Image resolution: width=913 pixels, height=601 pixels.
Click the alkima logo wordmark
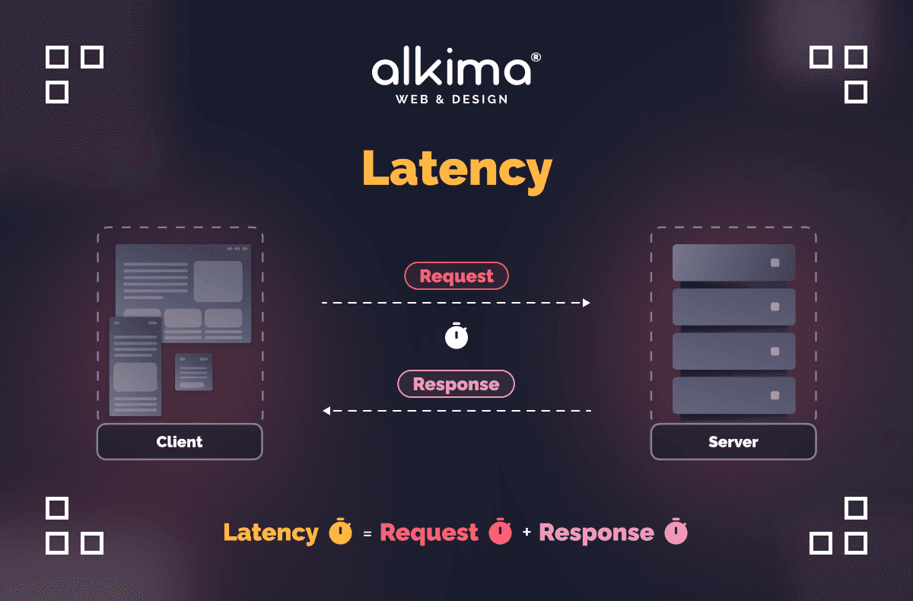click(x=450, y=69)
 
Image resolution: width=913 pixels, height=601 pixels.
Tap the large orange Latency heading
click(x=456, y=169)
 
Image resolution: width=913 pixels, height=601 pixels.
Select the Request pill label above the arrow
click(x=456, y=276)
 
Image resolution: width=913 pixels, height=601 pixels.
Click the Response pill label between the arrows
click(x=456, y=384)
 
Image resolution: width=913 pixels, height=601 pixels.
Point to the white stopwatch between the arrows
click(x=456, y=335)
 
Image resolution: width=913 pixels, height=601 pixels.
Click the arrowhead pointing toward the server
click(x=586, y=303)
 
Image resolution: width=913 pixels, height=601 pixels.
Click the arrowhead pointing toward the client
click(x=326, y=411)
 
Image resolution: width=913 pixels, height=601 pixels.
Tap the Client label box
click(x=180, y=441)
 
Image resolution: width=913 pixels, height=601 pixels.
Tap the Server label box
click(x=733, y=441)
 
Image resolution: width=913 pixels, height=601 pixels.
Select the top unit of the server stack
click(x=733, y=262)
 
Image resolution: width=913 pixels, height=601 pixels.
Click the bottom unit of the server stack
click(x=733, y=396)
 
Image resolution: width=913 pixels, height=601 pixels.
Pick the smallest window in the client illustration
click(x=193, y=372)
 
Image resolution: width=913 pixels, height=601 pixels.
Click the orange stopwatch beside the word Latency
click(x=340, y=532)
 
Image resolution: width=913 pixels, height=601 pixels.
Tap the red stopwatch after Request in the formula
click(x=500, y=532)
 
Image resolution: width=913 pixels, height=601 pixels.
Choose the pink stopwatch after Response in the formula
click(x=676, y=532)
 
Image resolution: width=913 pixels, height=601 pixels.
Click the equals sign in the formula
click(x=367, y=534)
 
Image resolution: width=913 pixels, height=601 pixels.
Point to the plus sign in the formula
click(x=526, y=533)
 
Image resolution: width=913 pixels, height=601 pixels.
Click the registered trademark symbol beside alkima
click(x=536, y=57)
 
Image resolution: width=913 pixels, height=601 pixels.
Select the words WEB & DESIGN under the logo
click(x=452, y=99)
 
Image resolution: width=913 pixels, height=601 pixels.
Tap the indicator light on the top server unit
click(x=775, y=262)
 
